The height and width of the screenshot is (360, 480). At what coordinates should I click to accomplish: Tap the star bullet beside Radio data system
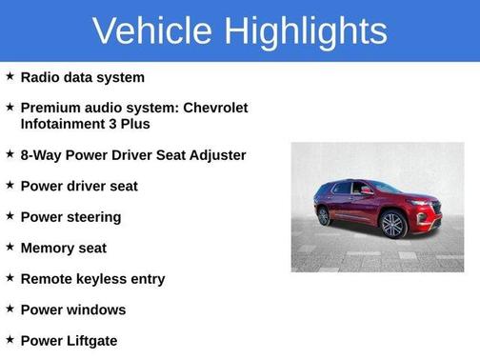(10, 76)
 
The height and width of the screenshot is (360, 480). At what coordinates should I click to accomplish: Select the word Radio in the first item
(41, 77)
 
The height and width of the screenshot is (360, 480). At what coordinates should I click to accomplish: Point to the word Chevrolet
(210, 108)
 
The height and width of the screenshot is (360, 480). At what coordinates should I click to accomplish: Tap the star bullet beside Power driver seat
(10, 185)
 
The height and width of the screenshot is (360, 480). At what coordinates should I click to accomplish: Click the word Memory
(49, 248)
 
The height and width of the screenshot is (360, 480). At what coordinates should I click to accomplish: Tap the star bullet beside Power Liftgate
(10, 340)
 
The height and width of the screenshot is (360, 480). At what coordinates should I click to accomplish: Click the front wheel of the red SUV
(392, 225)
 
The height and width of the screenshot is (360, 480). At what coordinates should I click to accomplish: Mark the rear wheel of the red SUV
(324, 216)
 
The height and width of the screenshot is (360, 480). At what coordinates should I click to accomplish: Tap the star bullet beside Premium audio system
(10, 108)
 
